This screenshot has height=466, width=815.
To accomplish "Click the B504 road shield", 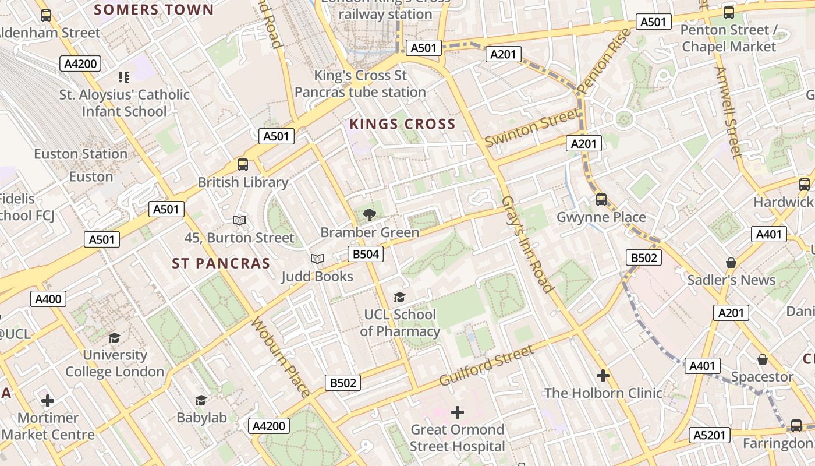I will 366,254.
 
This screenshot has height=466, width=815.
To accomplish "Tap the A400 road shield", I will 48,299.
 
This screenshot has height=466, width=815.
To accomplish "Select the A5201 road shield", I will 709,435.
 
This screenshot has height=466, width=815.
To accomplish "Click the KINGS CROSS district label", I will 402,124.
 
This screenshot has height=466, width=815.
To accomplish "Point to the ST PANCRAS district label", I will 221,264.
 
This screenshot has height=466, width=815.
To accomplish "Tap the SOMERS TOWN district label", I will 154,10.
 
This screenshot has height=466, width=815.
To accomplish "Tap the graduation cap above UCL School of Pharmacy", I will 399,298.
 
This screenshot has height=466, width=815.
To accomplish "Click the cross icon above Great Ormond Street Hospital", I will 458,413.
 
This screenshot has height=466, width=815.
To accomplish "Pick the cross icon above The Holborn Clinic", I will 603,376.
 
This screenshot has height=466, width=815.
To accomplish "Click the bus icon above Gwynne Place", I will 601,200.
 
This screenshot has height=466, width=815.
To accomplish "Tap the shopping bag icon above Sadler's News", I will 731,263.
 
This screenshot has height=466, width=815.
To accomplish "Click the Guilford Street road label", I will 486,366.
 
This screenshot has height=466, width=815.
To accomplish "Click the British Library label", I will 243,182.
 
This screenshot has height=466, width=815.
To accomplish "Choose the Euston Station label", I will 80,154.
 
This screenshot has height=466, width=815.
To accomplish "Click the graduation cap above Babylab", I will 201,400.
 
